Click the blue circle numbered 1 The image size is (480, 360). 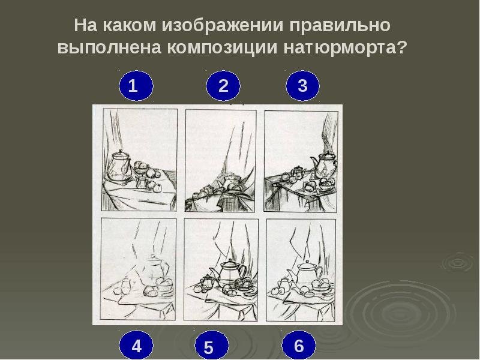point(136,86)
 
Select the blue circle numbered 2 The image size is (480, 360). point(223,86)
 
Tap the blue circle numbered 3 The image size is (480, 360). point(303,85)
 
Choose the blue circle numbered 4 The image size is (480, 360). point(136,346)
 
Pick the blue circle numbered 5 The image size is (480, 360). point(212,346)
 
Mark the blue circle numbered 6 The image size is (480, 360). point(298,346)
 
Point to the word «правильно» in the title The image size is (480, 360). point(340,26)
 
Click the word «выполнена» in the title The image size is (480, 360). point(109,48)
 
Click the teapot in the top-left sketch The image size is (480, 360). point(120,166)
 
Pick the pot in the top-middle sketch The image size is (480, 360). point(231,184)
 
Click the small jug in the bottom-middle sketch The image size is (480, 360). point(207,281)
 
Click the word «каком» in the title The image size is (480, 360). point(129,25)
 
